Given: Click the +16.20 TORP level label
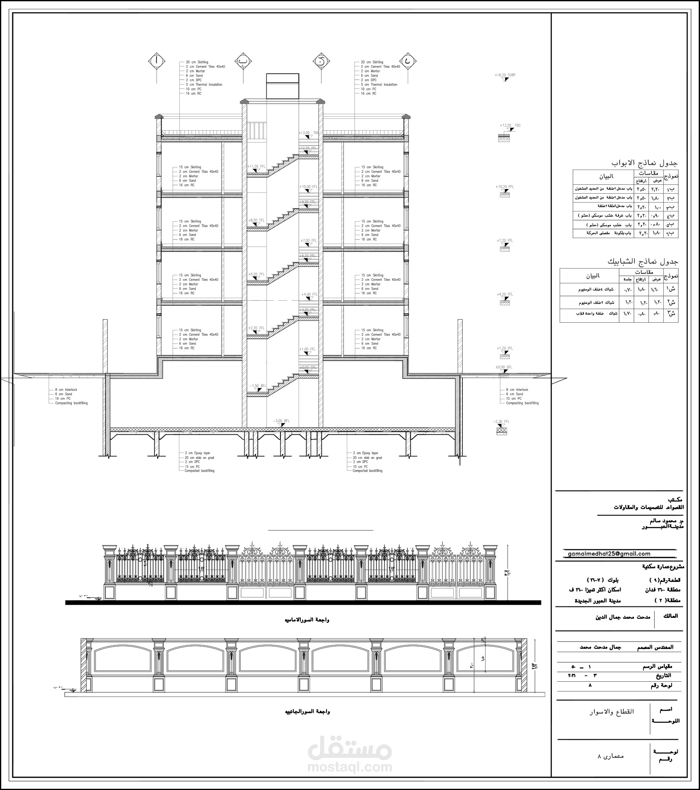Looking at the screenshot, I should click(x=505, y=75).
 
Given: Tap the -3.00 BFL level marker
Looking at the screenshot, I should click(x=281, y=421).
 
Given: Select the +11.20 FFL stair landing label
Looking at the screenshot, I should click(x=256, y=167).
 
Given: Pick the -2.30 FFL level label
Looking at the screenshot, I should click(x=501, y=422).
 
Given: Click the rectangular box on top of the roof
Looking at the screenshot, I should click(x=283, y=85).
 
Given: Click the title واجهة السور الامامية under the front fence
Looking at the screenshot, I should click(x=307, y=620).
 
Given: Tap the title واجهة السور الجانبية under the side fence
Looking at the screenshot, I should click(x=307, y=712).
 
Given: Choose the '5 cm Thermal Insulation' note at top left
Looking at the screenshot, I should click(x=203, y=85).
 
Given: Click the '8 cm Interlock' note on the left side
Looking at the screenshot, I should click(x=66, y=390).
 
